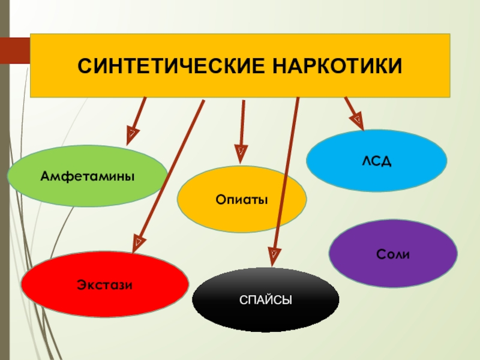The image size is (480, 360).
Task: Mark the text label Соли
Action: pos(393,254)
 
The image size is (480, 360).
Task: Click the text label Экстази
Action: pos(104,283)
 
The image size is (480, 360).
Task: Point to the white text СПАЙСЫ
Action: pos(265,299)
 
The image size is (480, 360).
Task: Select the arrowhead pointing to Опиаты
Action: pos(241,154)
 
